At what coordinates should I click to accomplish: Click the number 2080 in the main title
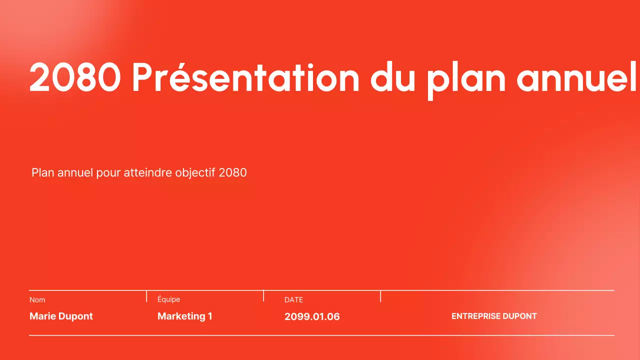tap(75, 77)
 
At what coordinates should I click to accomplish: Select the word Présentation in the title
tap(245, 77)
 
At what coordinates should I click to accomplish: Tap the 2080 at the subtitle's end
tap(233, 172)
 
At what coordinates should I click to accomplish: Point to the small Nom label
tap(37, 300)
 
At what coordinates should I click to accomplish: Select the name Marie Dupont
tap(61, 316)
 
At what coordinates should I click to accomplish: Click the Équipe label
tap(168, 299)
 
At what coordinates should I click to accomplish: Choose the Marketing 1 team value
tap(184, 316)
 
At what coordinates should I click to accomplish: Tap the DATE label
tap(293, 300)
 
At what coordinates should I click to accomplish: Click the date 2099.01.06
tap(312, 316)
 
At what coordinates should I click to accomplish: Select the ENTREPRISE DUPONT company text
tap(494, 316)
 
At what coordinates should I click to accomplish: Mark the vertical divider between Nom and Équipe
tap(146, 296)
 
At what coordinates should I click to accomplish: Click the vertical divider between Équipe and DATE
tap(263, 296)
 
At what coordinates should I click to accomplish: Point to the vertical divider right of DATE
tap(380, 296)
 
